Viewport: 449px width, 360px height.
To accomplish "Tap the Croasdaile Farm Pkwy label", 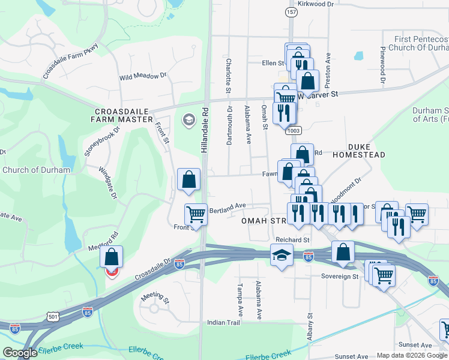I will pos(70,61).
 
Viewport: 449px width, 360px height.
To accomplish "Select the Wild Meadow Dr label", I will pos(142,77).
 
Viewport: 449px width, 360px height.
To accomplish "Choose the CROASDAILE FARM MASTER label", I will pos(122,115).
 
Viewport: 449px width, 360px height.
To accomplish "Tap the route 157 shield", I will pos(292,12).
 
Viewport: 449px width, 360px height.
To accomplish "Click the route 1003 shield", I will pos(294,130).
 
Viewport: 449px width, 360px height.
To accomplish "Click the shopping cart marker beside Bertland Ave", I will pos(196,213).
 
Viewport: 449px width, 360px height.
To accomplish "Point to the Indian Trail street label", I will pos(223,323).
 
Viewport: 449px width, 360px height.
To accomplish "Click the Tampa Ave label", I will pos(240,300).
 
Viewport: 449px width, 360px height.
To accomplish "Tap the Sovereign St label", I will pos(339,277).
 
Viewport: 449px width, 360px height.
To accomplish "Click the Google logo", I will pos(20,353).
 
